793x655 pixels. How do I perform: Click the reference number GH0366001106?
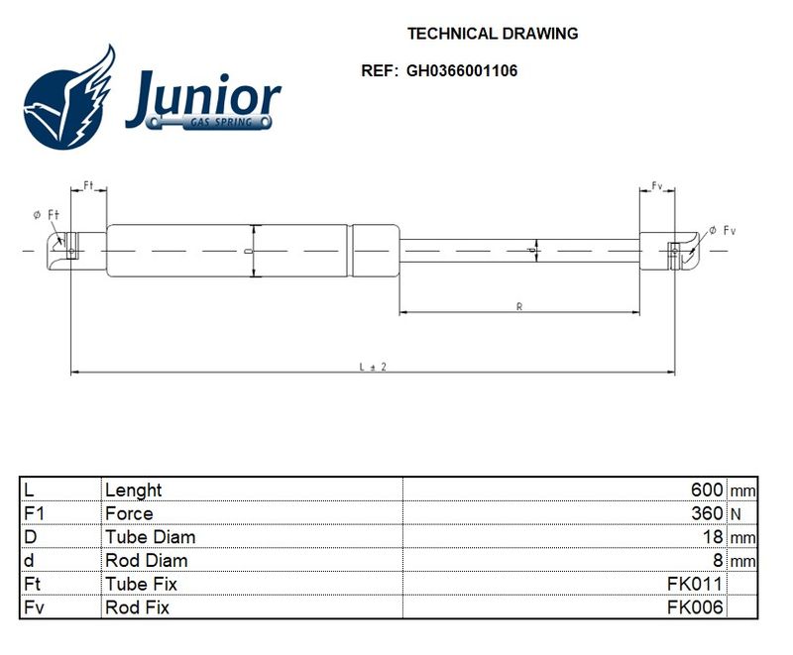coord(462,70)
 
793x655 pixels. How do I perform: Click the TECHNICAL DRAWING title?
coord(493,34)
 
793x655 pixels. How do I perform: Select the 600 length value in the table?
coord(707,490)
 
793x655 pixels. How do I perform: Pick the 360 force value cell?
coord(707,513)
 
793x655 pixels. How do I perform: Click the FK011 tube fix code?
coord(695,584)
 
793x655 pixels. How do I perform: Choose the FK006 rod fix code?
coord(695,607)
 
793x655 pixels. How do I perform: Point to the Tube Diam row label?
coord(151,537)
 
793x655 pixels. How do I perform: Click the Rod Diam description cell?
coord(146,561)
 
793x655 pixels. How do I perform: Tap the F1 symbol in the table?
coord(34,513)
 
